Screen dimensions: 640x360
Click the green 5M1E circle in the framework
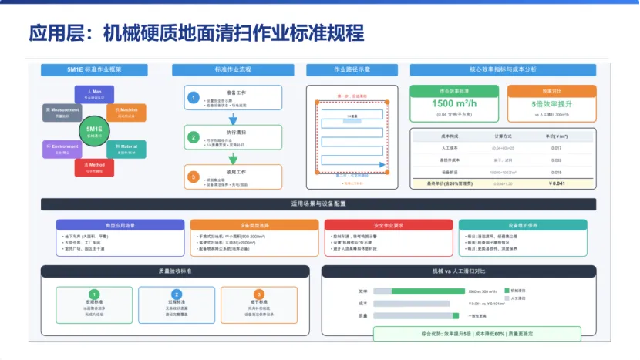[94, 131]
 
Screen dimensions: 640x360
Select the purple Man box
[94, 94]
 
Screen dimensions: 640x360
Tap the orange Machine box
[126, 113]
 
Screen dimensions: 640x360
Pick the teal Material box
[126, 149]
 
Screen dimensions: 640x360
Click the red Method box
[94, 167]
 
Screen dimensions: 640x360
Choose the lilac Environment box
[61, 149]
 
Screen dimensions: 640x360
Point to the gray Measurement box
[61, 113]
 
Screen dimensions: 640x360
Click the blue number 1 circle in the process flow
[194, 98]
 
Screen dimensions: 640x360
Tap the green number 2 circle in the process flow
[194, 137]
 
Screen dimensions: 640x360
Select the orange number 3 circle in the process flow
[194, 177]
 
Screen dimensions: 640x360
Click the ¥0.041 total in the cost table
[556, 183]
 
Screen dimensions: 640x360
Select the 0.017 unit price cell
[556, 147]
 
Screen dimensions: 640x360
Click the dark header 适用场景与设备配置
[318, 204]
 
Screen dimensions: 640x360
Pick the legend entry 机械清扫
[525, 291]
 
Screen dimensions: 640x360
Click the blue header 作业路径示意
[352, 69]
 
